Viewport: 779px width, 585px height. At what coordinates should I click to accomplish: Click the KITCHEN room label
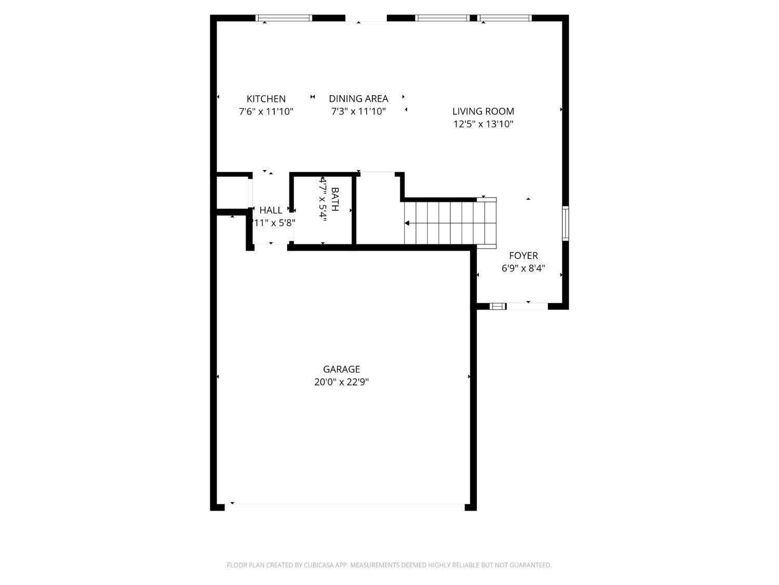click(266, 99)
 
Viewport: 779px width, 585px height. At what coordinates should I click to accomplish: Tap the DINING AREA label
click(358, 99)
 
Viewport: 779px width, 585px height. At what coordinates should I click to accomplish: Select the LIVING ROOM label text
click(483, 111)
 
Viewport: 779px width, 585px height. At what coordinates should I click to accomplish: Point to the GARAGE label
click(341, 369)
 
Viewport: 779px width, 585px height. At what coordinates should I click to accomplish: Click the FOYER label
click(523, 255)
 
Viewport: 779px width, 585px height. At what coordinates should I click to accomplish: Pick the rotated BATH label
click(335, 199)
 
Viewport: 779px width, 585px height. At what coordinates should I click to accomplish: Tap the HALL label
click(271, 210)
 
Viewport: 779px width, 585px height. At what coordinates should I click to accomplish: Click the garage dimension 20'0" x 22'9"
click(341, 382)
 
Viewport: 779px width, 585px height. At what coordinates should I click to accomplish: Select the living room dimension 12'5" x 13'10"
click(483, 124)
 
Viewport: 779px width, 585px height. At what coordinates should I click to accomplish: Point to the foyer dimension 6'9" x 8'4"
click(523, 268)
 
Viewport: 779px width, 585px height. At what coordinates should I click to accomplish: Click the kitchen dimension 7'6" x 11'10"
click(266, 111)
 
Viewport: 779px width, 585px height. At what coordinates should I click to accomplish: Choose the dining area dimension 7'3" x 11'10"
click(358, 111)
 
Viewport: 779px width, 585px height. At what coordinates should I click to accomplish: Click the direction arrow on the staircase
click(407, 223)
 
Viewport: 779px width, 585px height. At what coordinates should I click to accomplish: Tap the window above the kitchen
click(284, 18)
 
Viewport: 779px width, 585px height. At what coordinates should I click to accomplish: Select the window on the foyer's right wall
click(566, 223)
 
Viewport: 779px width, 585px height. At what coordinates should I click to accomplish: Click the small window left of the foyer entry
click(498, 306)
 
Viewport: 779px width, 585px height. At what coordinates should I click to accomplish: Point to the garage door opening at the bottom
click(345, 504)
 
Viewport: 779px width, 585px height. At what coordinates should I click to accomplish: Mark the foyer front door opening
click(527, 306)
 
